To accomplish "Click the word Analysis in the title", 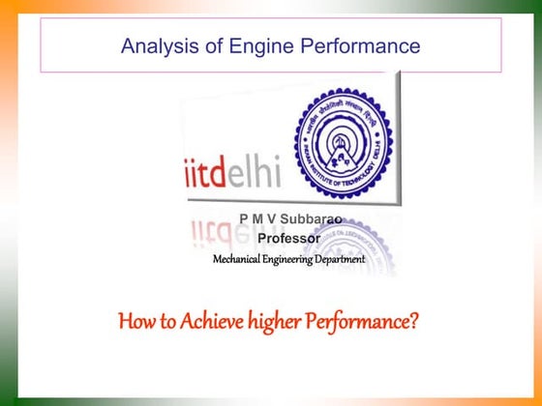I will [158, 45].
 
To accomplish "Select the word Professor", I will [288, 239].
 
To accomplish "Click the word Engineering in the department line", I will [295, 259].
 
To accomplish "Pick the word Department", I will [345, 259].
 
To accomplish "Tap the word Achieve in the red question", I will [205, 319].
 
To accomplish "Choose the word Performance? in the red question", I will [364, 319].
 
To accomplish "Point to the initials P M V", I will [254, 220].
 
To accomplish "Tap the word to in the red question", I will [164, 320].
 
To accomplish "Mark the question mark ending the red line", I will [414, 319].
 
